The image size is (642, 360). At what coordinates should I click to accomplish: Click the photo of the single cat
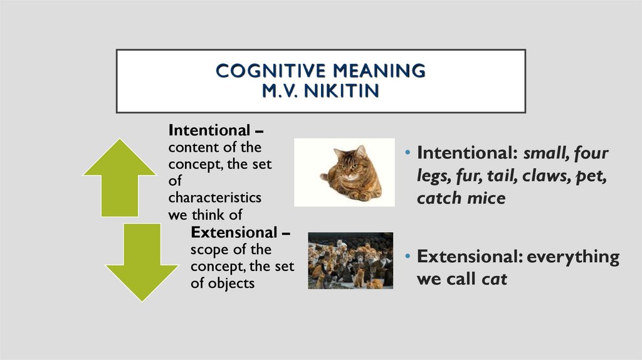[344, 172]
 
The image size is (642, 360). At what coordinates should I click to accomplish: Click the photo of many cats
[350, 260]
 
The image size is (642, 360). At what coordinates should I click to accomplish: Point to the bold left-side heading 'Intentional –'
[216, 130]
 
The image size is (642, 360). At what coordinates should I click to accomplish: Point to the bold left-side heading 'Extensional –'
[240, 233]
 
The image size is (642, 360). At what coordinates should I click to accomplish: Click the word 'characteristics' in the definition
[214, 198]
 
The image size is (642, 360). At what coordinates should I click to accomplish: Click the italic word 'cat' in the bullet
[494, 279]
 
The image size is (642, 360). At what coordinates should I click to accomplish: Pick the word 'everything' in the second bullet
[572, 257]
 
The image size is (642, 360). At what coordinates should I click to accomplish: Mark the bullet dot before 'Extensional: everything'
[408, 258]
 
